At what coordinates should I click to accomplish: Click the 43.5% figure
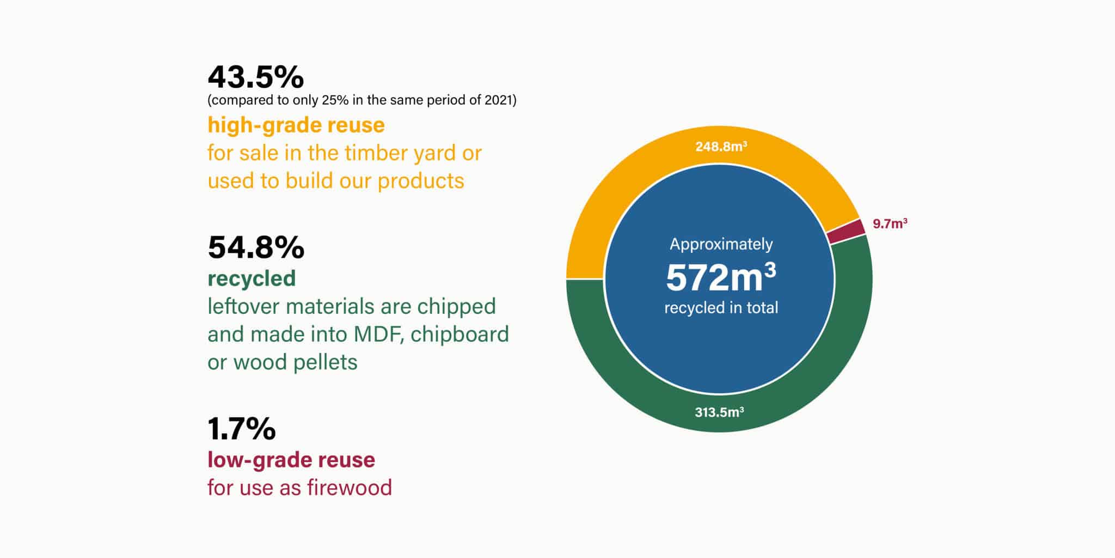click(x=255, y=77)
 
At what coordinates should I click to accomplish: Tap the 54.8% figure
click(x=256, y=247)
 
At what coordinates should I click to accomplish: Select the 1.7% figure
click(x=242, y=429)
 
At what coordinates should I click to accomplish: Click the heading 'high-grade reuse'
click(x=296, y=125)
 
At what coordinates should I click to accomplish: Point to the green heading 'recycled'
click(x=252, y=278)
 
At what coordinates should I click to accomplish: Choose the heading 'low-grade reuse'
click(x=291, y=460)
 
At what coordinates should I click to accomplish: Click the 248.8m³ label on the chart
click(x=721, y=147)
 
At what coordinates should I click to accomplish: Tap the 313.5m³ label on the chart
click(x=719, y=413)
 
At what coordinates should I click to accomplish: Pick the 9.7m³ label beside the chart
click(x=890, y=223)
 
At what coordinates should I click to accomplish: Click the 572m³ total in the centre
click(x=721, y=277)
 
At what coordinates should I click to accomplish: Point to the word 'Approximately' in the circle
click(x=721, y=245)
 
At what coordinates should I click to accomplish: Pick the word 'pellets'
click(x=325, y=362)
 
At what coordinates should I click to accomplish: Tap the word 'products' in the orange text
click(x=421, y=181)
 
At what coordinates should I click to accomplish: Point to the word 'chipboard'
click(x=460, y=334)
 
